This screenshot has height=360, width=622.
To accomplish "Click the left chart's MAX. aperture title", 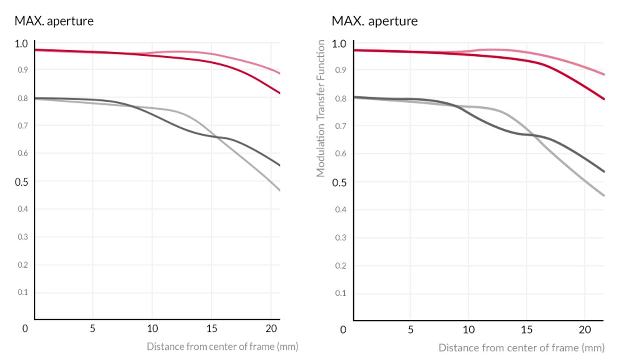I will click(x=54, y=21).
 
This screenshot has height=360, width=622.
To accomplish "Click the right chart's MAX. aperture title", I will click(x=374, y=21).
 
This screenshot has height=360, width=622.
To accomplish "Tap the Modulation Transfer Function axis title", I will click(x=321, y=108).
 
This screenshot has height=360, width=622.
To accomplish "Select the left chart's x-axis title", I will click(x=222, y=347).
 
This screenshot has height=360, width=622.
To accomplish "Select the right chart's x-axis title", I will click(x=521, y=348).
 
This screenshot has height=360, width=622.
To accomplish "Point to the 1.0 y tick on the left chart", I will click(x=21, y=44).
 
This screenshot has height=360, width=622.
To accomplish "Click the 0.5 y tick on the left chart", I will click(x=21, y=182).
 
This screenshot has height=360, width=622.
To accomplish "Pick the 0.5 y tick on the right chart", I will click(x=339, y=183).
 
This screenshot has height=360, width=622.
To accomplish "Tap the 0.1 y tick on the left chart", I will click(x=22, y=292).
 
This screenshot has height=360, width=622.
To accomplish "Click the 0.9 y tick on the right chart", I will click(x=340, y=70).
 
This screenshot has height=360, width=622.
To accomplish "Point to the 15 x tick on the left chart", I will click(x=212, y=329).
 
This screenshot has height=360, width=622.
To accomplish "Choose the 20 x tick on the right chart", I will click(x=585, y=330).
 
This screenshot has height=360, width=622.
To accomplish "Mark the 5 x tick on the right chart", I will click(x=410, y=330).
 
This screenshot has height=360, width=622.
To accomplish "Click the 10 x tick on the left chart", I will click(x=152, y=329).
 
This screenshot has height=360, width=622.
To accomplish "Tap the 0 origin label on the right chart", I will click(x=343, y=330).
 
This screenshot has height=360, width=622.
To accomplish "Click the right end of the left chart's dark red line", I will click(x=279, y=93).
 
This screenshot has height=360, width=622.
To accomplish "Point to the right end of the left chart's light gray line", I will click(x=279, y=190).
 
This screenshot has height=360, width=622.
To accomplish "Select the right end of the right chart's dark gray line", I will click(x=603, y=172).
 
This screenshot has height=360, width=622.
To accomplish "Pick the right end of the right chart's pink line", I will click(x=603, y=74).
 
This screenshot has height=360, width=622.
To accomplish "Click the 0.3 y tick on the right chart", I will click(x=340, y=238).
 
